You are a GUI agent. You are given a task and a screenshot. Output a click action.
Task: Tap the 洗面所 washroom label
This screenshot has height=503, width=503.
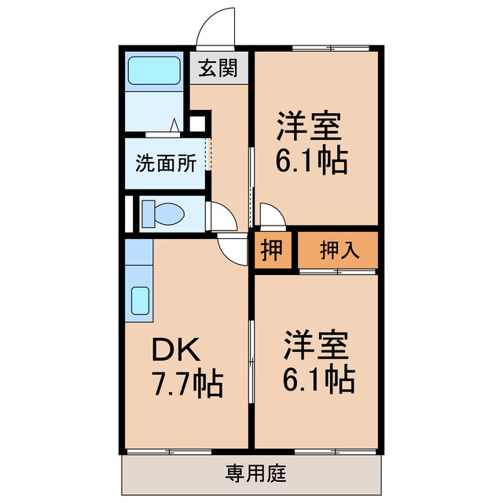[165, 163]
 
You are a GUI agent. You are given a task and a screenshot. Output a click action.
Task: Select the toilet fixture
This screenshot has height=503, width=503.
[165, 213]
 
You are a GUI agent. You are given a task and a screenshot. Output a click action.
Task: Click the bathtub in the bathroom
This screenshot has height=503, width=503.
[155, 73]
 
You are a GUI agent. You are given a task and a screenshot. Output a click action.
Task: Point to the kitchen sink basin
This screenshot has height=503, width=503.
[140, 300]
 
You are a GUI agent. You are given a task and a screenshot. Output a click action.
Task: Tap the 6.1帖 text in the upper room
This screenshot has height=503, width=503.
[311, 161]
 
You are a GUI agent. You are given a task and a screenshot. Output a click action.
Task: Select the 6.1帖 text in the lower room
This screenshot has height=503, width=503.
[317, 381]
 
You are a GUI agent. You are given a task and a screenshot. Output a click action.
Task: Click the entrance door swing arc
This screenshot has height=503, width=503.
[217, 28]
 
